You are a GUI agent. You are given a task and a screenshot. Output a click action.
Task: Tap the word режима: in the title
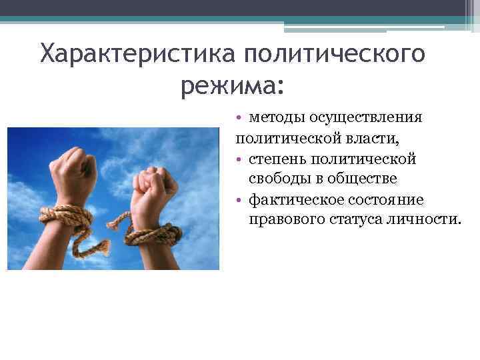(x=232, y=85)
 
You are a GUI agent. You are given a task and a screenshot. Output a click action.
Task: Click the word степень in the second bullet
(x=280, y=159)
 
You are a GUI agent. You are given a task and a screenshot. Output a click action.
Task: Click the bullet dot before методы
(x=239, y=118)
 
